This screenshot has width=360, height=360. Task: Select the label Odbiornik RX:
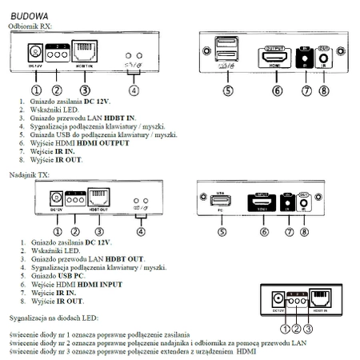(x=30, y=26)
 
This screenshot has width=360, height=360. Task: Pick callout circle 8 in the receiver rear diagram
(x=323, y=91)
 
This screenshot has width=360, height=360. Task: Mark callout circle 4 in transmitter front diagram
(x=142, y=233)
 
